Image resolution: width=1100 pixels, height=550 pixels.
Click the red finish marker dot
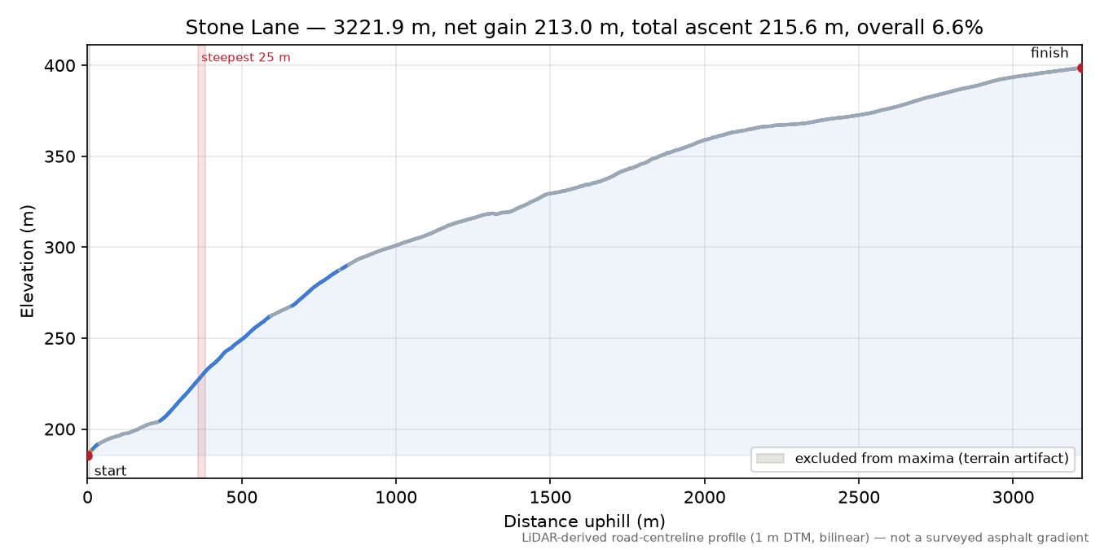tap(1081, 68)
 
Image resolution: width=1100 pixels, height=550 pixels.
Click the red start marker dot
tap(88, 456)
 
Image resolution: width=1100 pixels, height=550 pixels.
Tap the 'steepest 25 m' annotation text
tap(245, 58)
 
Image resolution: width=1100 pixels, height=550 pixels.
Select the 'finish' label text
tap(1049, 52)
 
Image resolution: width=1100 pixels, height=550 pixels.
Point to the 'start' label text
tap(111, 471)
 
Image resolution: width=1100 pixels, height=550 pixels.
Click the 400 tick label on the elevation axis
tap(59, 65)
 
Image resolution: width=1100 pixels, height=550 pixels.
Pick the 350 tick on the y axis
tap(59, 156)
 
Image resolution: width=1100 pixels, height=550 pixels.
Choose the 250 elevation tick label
tap(59, 338)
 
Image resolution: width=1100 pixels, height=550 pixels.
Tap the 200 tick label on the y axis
tap(59, 429)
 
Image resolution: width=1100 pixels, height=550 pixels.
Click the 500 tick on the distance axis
tap(242, 498)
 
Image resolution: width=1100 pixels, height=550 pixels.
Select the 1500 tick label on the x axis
tap(550, 498)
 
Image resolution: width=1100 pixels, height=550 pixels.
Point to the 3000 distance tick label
tap(1013, 498)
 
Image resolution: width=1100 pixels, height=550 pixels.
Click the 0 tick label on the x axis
tap(87, 498)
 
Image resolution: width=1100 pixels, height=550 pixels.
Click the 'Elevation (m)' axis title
tap(28, 262)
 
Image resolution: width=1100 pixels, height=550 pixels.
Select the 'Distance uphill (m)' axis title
tap(584, 521)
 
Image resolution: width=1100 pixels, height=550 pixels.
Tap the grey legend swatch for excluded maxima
tap(770, 458)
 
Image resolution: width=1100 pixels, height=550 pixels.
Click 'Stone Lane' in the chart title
tap(242, 28)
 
